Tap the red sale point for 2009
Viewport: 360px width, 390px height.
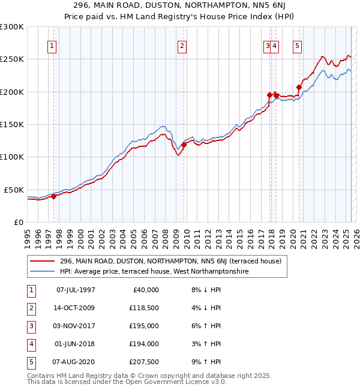point(184,145)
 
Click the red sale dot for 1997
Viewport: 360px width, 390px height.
point(53,196)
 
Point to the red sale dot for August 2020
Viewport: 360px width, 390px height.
point(299,87)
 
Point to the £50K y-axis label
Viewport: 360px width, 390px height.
point(14,190)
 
